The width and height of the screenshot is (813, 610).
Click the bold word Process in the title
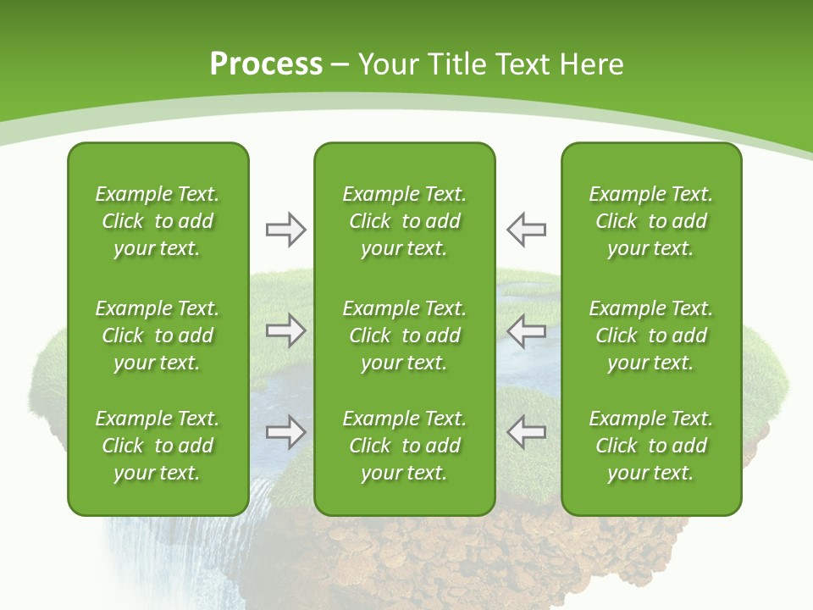[x=266, y=64]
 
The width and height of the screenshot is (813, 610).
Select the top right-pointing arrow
[x=286, y=230]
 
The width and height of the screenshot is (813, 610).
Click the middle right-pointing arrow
[x=286, y=330]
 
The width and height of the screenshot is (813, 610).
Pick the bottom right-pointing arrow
[x=286, y=432]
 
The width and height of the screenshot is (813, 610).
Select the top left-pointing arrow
[x=526, y=230]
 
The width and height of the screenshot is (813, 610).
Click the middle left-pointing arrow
[x=526, y=330]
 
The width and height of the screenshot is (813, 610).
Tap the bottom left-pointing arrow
[x=526, y=432]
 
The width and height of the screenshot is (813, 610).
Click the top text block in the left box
[x=158, y=221]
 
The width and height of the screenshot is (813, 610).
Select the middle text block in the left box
[x=158, y=335]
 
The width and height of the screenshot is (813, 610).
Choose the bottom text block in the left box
[x=158, y=446]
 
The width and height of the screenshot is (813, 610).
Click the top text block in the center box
[x=404, y=221]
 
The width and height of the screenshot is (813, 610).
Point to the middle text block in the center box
[x=404, y=335]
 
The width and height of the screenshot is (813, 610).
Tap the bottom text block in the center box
[x=404, y=446]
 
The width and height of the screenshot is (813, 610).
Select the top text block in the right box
[x=651, y=221]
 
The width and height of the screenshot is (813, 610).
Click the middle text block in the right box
[x=651, y=335]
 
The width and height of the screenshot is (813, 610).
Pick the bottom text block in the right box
[x=651, y=446]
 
